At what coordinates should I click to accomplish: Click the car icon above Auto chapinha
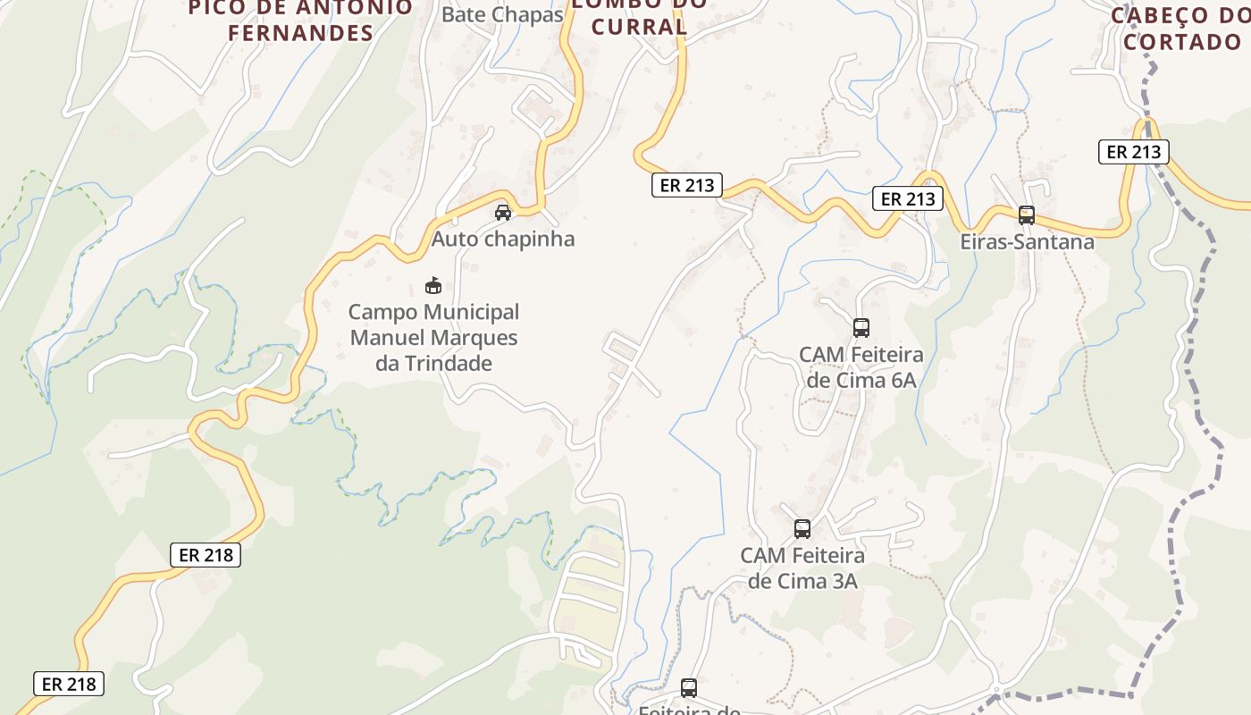pos(503,213)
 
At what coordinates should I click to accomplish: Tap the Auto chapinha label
pos(503,240)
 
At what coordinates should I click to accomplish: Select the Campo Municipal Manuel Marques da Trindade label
pos(433,338)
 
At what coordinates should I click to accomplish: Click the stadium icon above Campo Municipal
pos(433,285)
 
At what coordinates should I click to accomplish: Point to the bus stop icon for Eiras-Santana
pos(1027,215)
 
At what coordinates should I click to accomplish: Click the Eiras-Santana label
pos(1027,241)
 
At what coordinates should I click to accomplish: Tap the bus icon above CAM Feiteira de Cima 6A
pos(861,328)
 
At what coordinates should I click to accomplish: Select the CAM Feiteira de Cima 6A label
pos(861,366)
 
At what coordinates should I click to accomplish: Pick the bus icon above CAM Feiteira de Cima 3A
pos(802,529)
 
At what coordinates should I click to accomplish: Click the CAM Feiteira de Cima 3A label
pos(802,568)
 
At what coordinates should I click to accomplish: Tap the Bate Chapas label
pos(502,14)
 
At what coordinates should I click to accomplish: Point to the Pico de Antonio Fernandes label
pos(302,20)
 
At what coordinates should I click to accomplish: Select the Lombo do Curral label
pos(639,15)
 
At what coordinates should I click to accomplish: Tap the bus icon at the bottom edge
pos(689,688)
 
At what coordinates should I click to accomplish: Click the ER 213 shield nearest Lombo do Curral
pos(686,185)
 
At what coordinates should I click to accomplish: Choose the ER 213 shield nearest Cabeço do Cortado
pos(1134,152)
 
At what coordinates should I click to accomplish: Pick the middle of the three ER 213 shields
pos(908,198)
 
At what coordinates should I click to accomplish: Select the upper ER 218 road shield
pos(206,555)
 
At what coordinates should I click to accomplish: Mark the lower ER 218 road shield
pos(70,684)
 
